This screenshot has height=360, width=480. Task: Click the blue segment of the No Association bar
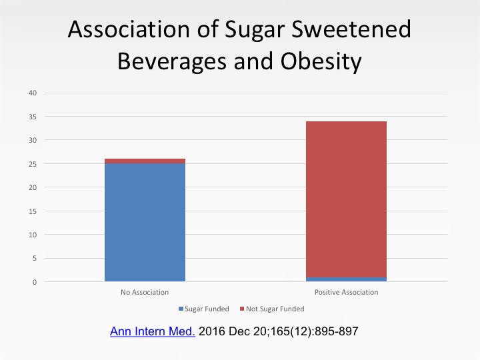pyautogui.click(x=145, y=222)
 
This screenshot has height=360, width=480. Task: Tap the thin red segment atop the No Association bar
pyautogui.click(x=145, y=161)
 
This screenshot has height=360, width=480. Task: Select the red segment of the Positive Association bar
pyautogui.click(x=346, y=199)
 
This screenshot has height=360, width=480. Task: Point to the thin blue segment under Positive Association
pyautogui.click(x=346, y=279)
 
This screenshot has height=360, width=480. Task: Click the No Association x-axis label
pyautogui.click(x=145, y=293)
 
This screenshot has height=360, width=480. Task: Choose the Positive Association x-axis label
pyautogui.click(x=346, y=293)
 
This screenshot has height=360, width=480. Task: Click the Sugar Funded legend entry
pyautogui.click(x=203, y=309)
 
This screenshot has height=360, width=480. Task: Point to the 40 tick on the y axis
pyautogui.click(x=31, y=93)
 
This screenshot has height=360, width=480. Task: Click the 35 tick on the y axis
pyautogui.click(x=31, y=117)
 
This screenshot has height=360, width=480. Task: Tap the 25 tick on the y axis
pyautogui.click(x=31, y=164)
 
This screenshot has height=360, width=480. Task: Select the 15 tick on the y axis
pyautogui.click(x=31, y=211)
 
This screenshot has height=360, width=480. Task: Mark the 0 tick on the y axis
pyautogui.click(x=33, y=282)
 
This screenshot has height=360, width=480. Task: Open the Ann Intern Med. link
pyautogui.click(x=152, y=331)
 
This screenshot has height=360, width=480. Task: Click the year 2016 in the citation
pyautogui.click(x=214, y=331)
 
